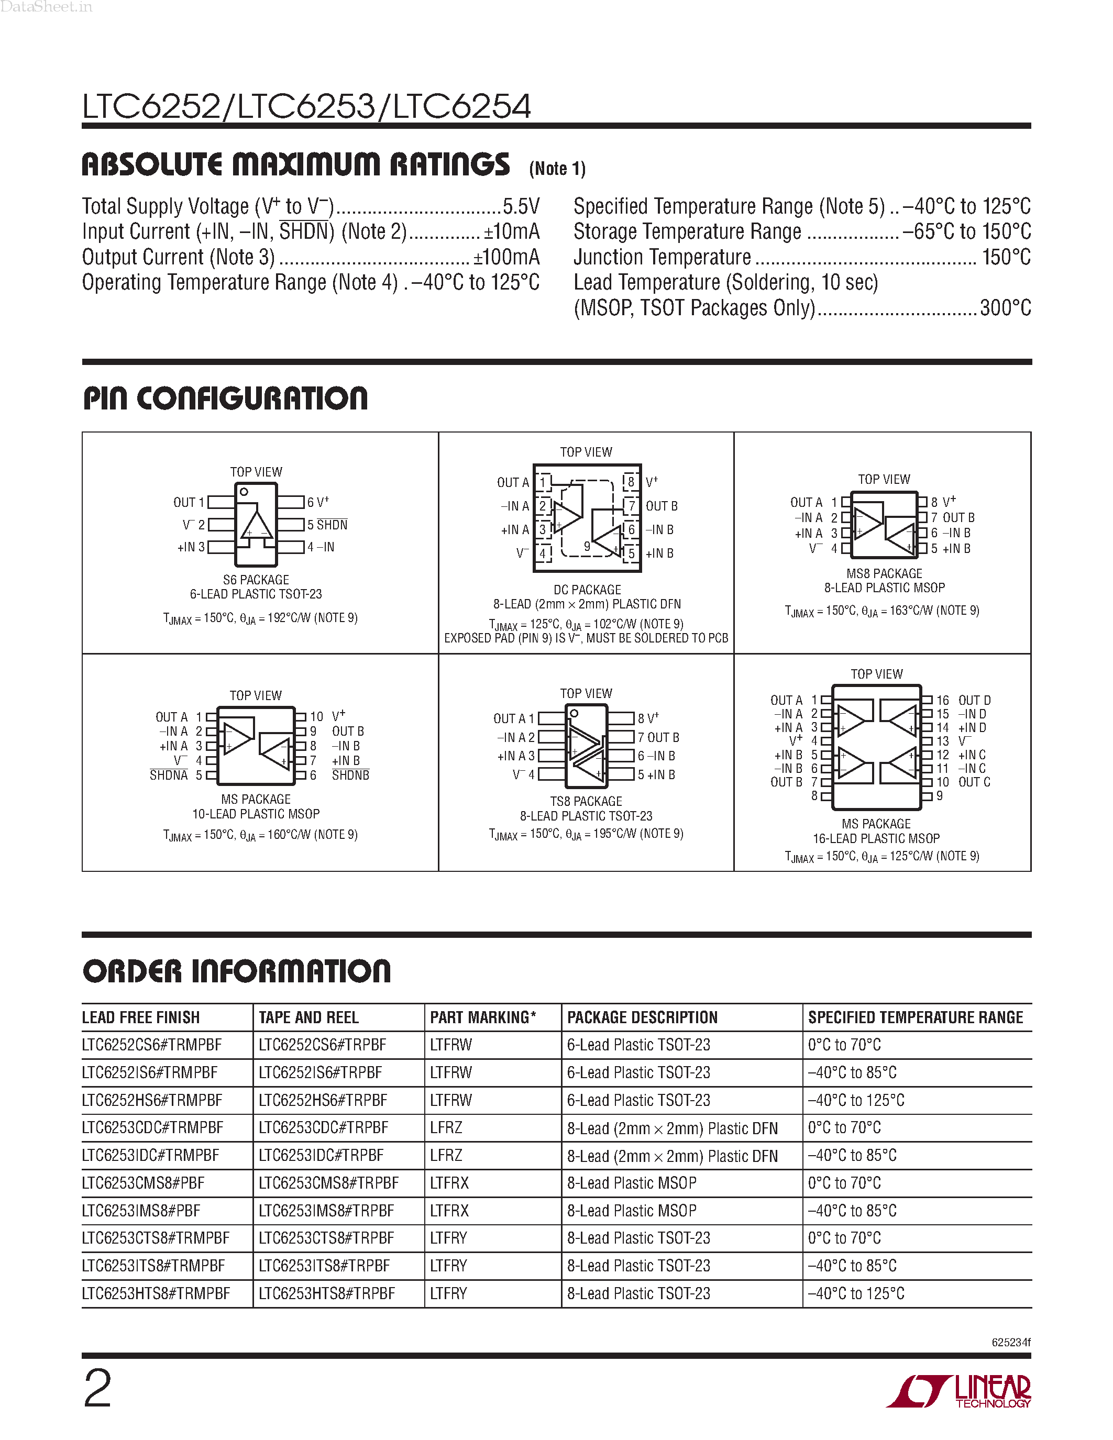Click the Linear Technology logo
[960, 1391]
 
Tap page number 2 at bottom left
[97, 1389]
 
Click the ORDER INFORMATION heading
[237, 972]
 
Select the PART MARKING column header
[483, 1017]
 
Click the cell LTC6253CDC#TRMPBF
[152, 1128]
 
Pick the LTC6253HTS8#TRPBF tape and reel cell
[326, 1293]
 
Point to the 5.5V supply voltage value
[521, 206]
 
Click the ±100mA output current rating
[506, 257]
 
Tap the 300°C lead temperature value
[1005, 308]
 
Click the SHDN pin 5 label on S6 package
[332, 525]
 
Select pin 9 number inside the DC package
[587, 546]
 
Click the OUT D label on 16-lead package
[974, 700]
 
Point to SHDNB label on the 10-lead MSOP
[350, 776]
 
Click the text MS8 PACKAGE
[884, 573]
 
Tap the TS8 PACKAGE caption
[586, 801]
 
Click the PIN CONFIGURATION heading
[226, 399]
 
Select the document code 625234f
[1011, 1343]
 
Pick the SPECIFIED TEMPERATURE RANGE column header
[915, 1017]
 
